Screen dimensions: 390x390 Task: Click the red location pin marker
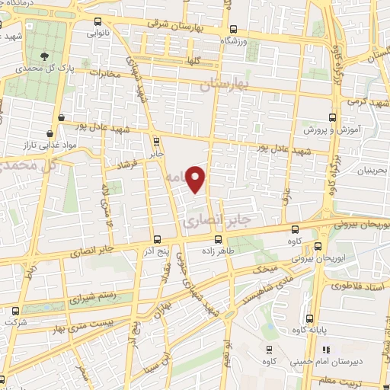click(x=197, y=179)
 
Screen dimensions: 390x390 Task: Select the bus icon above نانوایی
click(x=96, y=23)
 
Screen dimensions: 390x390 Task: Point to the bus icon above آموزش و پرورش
click(x=331, y=117)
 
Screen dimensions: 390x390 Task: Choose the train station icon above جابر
click(x=156, y=141)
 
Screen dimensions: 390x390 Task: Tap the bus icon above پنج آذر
click(x=157, y=239)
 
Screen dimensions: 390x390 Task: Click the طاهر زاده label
click(x=219, y=251)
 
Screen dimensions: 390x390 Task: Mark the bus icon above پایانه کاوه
click(x=308, y=318)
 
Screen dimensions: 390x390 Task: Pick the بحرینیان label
click(x=370, y=171)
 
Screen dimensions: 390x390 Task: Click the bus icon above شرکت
click(x=15, y=311)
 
